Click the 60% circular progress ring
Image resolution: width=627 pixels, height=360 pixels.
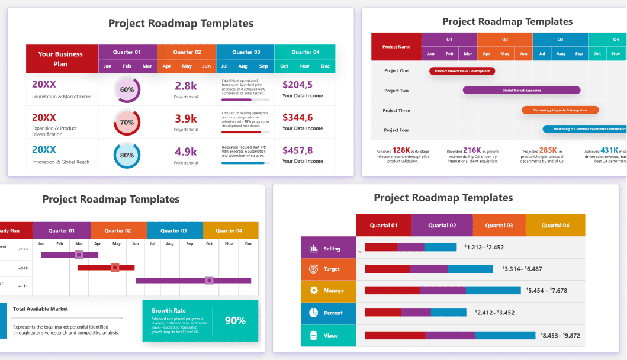[x=127, y=90]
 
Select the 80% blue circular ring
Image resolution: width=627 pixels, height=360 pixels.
[x=127, y=156]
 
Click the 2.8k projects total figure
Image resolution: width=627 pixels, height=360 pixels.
[x=186, y=85]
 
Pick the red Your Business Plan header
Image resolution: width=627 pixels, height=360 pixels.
[x=61, y=59]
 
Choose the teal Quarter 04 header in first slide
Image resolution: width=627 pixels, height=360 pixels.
[x=305, y=52]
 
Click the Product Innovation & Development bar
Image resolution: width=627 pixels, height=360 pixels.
[x=462, y=71]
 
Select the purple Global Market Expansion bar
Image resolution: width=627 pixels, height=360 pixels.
[x=521, y=91]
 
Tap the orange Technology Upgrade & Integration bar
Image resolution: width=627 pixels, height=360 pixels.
[x=560, y=110]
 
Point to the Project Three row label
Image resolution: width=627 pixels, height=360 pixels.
[x=396, y=110]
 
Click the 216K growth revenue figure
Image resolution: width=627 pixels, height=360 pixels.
[x=472, y=150]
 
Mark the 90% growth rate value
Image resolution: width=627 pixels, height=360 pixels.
[x=235, y=320]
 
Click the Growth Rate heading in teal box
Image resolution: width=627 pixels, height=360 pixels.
[x=168, y=310]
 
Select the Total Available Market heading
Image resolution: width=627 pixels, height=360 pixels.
[x=40, y=308]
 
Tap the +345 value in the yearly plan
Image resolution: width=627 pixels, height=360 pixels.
[x=23, y=268]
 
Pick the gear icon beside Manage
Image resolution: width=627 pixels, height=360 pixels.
[x=313, y=291]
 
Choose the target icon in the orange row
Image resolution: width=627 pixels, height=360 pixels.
[x=313, y=269]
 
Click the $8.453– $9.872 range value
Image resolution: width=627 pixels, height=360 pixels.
[x=560, y=335]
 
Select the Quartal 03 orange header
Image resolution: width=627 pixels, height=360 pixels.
[x=499, y=226]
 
